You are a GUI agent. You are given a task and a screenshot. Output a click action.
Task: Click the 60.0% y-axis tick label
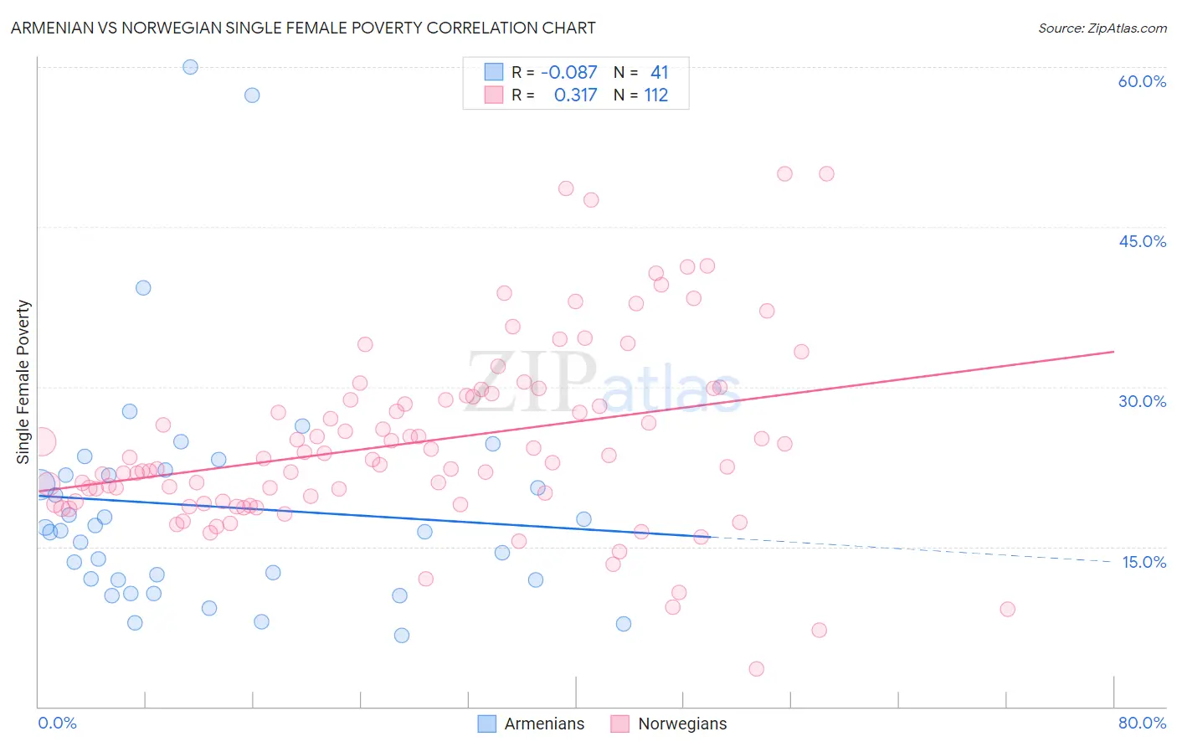1142,81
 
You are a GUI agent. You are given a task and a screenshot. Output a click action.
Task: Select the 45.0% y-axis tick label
1142,241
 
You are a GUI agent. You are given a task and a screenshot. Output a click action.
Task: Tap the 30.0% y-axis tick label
1142,401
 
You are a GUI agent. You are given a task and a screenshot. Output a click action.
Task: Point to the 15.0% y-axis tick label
1144,562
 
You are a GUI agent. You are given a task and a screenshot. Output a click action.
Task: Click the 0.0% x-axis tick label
57,723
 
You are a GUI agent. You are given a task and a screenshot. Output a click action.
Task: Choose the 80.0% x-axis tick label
1142,723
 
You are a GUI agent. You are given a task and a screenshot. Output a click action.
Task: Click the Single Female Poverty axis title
23,382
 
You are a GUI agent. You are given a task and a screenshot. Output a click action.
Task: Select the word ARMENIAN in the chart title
53,28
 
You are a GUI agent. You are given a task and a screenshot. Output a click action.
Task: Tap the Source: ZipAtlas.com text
1102,28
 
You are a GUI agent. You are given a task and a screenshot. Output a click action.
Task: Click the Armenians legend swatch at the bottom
486,724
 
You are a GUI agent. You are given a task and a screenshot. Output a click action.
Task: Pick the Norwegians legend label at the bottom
682,724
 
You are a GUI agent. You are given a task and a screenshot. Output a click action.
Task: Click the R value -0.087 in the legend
569,72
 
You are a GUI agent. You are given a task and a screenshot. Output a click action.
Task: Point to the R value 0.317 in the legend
575,95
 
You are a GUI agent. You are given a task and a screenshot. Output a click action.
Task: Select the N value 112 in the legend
656,95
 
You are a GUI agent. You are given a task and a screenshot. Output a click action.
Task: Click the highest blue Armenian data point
190,67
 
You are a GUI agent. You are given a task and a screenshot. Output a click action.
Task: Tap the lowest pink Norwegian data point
756,668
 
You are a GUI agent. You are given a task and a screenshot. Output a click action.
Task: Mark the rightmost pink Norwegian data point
1007,609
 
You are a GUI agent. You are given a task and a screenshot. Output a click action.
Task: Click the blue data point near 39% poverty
143,287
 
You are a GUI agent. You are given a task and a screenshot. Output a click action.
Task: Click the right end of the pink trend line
1113,352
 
